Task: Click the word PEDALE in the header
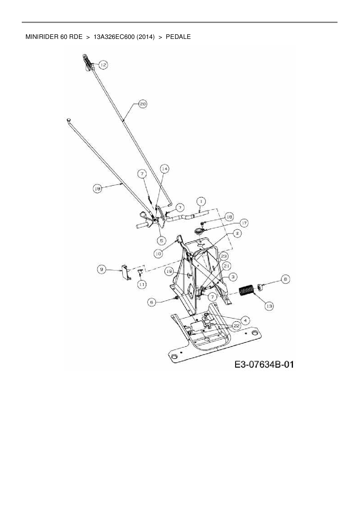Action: click(x=178, y=37)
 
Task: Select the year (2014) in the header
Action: click(x=145, y=37)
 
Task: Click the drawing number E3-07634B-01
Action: click(x=264, y=365)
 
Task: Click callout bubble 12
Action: click(x=103, y=65)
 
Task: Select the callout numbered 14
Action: click(x=165, y=169)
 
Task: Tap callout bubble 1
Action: click(x=201, y=201)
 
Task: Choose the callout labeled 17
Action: click(x=244, y=223)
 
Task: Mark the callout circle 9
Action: click(x=101, y=270)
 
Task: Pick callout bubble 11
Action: click(x=142, y=285)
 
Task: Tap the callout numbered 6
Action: click(x=151, y=302)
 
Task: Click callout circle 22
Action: click(x=237, y=326)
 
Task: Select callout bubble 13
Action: click(x=269, y=306)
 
